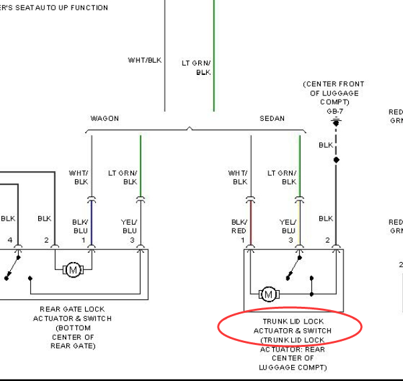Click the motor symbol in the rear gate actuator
pyautogui.click(x=73, y=269)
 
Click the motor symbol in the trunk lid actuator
pyautogui.click(x=269, y=294)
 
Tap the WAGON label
pyautogui.click(x=104, y=118)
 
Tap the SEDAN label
pyautogui.click(x=272, y=118)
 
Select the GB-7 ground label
pyautogui.click(x=335, y=112)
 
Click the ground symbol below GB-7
pyautogui.click(x=336, y=122)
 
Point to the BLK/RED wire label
pyautogui.click(x=239, y=227)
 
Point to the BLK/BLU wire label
pyautogui.click(x=80, y=227)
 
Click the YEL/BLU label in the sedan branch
pyautogui.click(x=288, y=227)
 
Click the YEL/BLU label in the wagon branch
pyautogui.click(x=129, y=227)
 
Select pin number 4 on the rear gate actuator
pyautogui.click(x=10, y=240)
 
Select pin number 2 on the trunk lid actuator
pyautogui.click(x=327, y=240)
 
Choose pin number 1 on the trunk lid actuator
pyautogui.click(x=242, y=240)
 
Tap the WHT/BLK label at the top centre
pyautogui.click(x=145, y=60)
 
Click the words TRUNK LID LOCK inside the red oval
pyautogui.click(x=293, y=322)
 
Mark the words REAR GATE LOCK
pyautogui.click(x=72, y=309)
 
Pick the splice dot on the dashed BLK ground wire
pyautogui.click(x=336, y=160)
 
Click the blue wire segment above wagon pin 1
pyautogui.click(x=92, y=223)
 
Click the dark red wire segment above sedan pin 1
pyautogui.click(x=251, y=223)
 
